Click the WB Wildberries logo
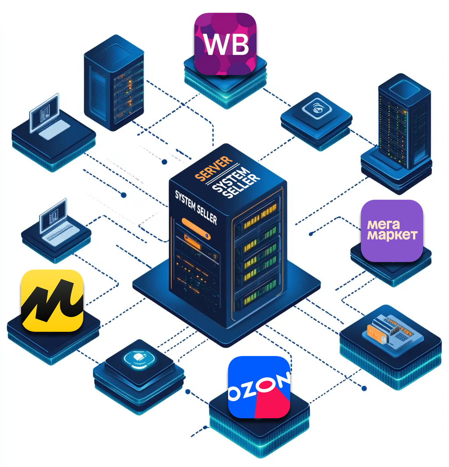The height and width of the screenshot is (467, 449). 225,44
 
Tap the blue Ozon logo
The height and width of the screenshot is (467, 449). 259,387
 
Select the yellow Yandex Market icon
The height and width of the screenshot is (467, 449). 52,301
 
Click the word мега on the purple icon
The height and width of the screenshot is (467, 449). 384,225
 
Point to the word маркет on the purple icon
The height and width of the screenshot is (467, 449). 392,235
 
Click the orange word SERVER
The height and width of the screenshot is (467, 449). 214,168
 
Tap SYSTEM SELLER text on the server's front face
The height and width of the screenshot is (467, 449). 196,208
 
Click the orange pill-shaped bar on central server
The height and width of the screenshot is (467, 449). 196,229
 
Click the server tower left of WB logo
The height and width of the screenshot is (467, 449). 114,83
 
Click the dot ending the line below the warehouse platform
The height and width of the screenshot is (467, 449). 364,388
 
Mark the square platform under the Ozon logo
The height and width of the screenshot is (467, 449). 259,423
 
